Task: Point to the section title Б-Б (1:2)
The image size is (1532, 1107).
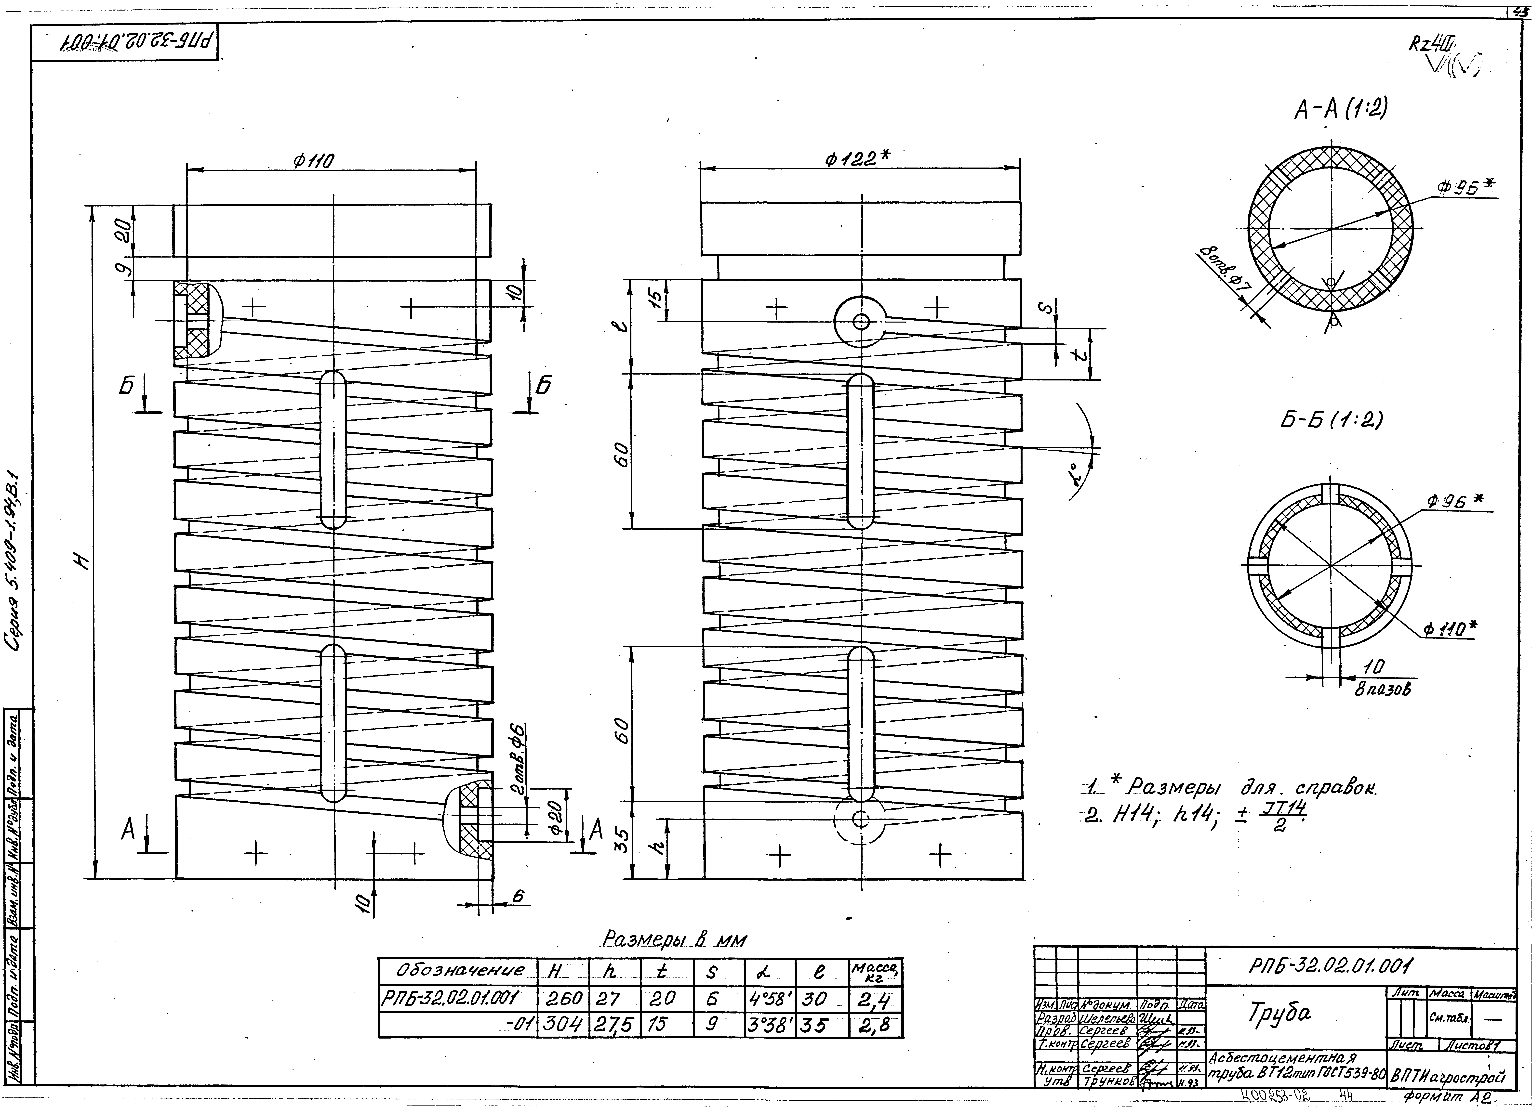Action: pos(1327,420)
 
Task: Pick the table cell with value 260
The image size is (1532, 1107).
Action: pos(562,998)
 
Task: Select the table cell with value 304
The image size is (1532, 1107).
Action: pos(562,1025)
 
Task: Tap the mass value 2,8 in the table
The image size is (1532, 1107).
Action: pos(875,1025)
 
